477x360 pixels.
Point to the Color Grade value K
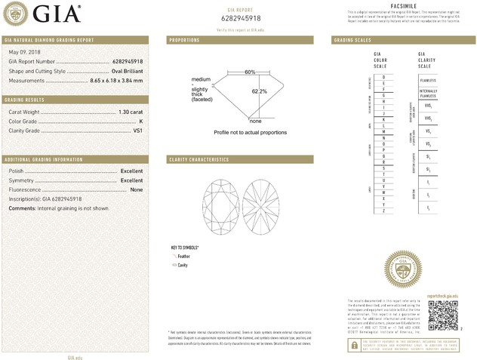141,121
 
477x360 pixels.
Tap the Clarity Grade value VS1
138,131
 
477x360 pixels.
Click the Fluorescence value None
137,189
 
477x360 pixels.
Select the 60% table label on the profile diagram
250,72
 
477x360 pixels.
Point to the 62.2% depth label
259,91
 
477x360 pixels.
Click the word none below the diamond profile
255,121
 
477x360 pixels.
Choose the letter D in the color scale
384,78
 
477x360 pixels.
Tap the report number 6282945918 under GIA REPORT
241,18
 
